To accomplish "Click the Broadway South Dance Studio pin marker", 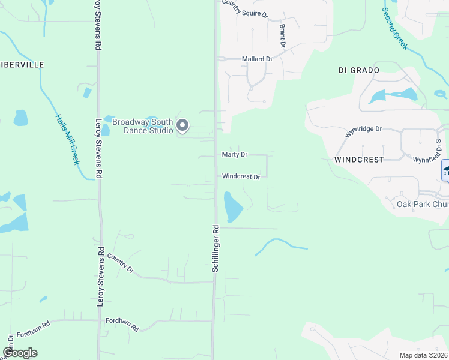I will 184,126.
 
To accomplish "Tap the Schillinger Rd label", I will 216,249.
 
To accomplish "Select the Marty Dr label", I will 235,155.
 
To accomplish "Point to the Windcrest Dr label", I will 241,177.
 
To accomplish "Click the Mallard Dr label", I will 257,59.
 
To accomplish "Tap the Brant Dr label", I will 281,35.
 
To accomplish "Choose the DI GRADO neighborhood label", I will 359,70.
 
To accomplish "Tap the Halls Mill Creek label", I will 68,139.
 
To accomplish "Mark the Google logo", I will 20,353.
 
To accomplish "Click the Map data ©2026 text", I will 423,355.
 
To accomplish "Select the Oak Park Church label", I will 423,204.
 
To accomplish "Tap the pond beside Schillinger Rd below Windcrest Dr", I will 232,207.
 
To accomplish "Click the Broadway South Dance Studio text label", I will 148,126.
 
